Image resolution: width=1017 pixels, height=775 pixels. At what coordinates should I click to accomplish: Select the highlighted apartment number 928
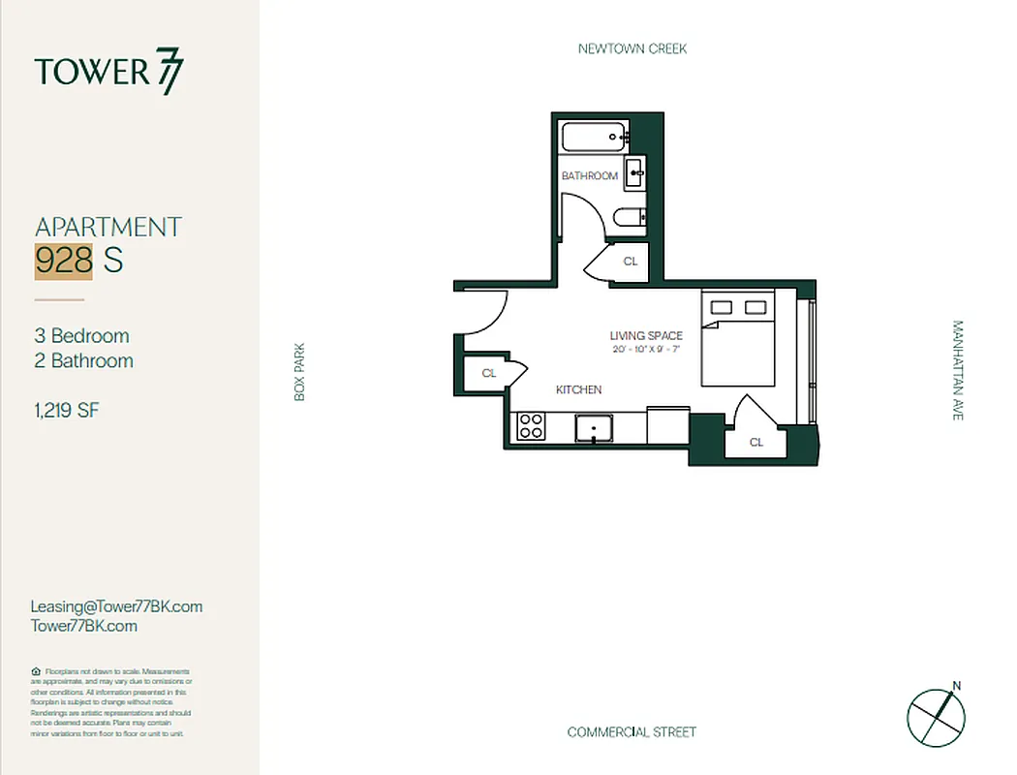(64, 261)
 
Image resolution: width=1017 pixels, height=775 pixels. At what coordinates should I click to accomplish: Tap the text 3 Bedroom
(82, 336)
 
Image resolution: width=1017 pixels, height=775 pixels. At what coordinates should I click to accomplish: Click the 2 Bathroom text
(84, 361)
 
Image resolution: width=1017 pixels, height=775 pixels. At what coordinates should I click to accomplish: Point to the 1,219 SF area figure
(67, 411)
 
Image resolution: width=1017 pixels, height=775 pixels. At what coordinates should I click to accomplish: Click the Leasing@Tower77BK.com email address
(117, 606)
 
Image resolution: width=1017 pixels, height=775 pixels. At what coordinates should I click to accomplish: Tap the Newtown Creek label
(632, 48)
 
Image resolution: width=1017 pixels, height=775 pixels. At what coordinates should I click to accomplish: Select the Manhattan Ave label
(958, 370)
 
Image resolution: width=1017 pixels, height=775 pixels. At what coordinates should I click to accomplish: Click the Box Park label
(299, 372)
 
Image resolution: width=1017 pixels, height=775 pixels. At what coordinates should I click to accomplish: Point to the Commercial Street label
(632, 731)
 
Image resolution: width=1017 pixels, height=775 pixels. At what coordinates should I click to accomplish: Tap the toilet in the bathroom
(631, 218)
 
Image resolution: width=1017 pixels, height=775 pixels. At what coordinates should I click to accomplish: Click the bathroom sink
(635, 173)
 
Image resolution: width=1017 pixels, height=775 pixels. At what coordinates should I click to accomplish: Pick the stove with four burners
(531, 426)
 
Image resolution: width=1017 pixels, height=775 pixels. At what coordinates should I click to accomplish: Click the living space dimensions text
(646, 349)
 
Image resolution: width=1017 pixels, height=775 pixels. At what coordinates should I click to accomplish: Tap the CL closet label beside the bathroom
(631, 262)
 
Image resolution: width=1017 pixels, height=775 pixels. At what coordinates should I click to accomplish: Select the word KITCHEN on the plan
(578, 389)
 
